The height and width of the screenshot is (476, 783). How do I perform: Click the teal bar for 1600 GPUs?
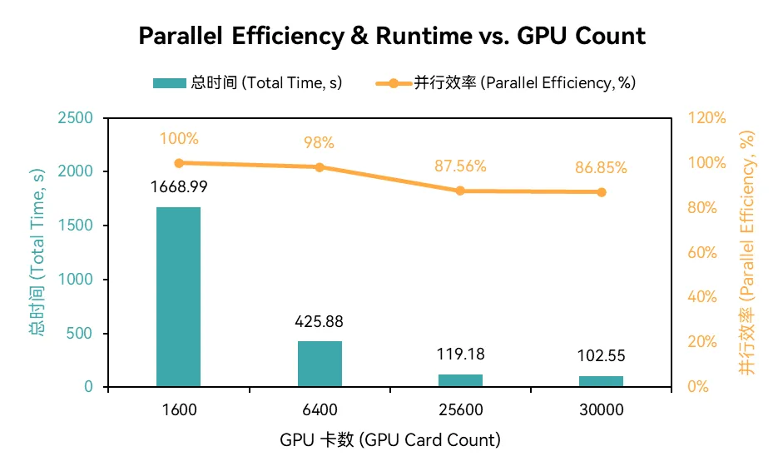tap(178, 296)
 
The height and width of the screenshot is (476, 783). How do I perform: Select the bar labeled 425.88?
tap(320, 364)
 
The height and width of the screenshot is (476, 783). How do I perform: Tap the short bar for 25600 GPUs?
tap(460, 380)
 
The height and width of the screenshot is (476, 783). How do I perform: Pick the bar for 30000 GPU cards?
tap(601, 381)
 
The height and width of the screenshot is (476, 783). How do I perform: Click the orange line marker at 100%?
tap(178, 163)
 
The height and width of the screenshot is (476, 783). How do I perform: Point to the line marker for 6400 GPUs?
tap(320, 167)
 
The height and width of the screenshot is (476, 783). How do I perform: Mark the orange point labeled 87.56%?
tap(460, 191)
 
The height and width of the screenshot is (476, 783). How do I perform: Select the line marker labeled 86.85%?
tap(601, 192)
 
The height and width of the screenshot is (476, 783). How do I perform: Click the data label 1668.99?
tap(178, 187)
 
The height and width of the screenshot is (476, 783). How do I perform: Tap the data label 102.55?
tap(601, 356)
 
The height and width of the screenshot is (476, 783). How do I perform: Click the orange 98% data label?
tap(320, 142)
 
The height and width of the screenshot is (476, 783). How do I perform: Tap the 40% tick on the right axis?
tap(701, 297)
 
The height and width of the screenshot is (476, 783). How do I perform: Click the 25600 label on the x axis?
tap(460, 409)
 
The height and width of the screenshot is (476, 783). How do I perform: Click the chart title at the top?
tap(391, 37)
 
